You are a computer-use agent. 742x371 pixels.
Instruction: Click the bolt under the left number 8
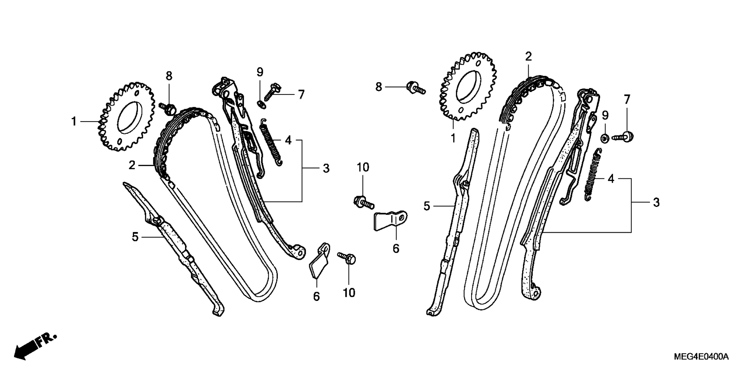(168, 108)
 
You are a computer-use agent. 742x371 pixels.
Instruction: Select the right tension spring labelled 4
(592, 174)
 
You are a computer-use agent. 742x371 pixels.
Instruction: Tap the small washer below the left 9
(261, 103)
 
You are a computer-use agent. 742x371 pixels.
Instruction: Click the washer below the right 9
(605, 138)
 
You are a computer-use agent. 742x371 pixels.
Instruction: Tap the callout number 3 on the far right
(656, 202)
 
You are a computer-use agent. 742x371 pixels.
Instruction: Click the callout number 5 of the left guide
(135, 237)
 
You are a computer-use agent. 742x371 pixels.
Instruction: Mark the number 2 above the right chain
(528, 57)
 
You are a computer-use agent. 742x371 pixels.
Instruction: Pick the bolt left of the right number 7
(623, 136)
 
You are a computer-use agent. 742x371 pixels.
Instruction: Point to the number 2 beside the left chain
(132, 166)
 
